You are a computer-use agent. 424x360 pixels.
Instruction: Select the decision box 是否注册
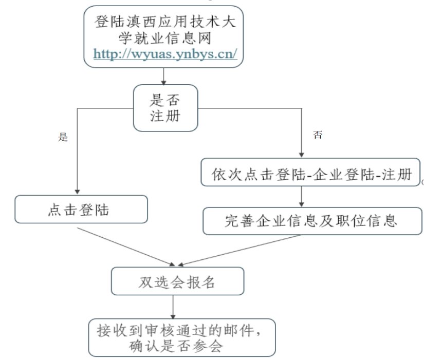point(165,108)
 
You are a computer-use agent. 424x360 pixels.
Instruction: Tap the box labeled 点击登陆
point(81,210)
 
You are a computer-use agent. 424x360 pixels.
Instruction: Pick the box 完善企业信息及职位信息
point(312,221)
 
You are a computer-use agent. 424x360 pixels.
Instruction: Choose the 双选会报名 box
point(177,282)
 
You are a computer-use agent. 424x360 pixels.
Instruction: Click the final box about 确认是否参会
point(181,338)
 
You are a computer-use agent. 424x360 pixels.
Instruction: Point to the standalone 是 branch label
point(63,137)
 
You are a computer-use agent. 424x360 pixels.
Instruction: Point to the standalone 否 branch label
point(318,135)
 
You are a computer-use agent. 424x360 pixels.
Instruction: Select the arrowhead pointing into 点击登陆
point(77,191)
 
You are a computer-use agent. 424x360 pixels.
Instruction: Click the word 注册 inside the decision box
point(165,116)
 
